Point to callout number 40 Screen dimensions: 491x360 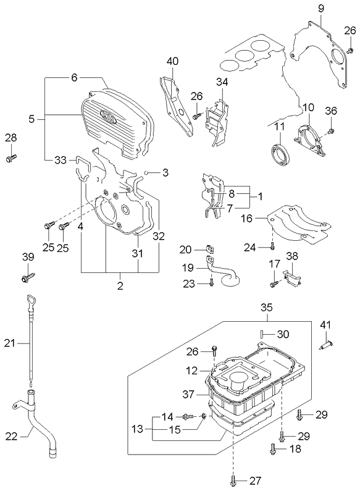(x=172, y=61)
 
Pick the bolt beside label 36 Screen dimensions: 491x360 (x=331, y=131)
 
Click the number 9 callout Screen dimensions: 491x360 (x=321, y=8)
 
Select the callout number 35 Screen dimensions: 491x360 (x=266, y=307)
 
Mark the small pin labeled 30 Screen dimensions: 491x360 (x=262, y=334)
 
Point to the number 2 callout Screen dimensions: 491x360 (x=120, y=286)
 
